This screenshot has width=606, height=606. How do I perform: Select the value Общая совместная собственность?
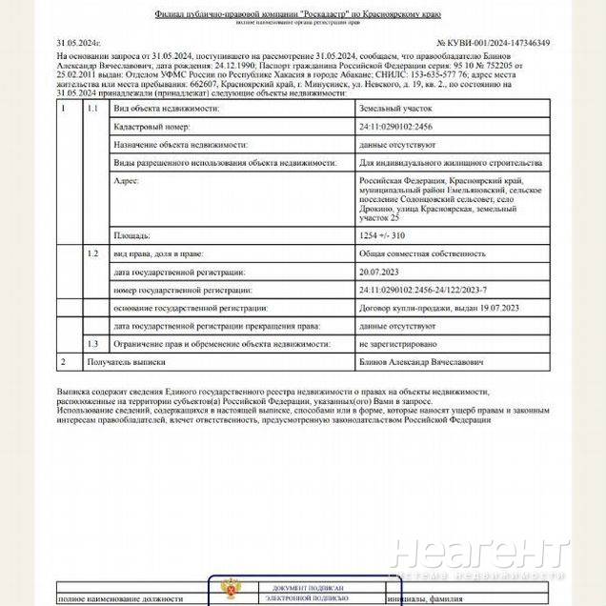(409, 253)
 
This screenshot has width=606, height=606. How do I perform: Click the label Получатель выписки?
(126, 361)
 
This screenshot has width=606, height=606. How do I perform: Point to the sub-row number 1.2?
(92, 253)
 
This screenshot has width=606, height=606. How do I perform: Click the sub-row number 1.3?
(92, 342)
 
